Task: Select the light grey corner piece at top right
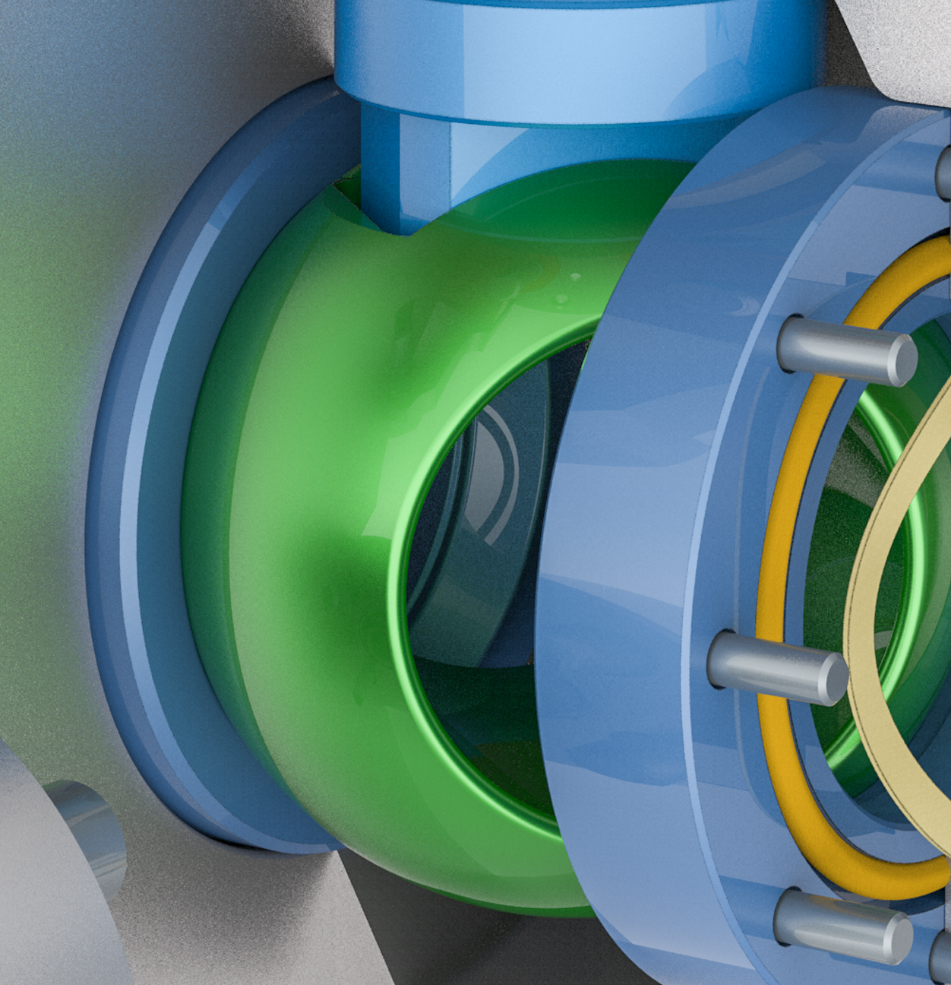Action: pyautogui.click(x=896, y=38)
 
